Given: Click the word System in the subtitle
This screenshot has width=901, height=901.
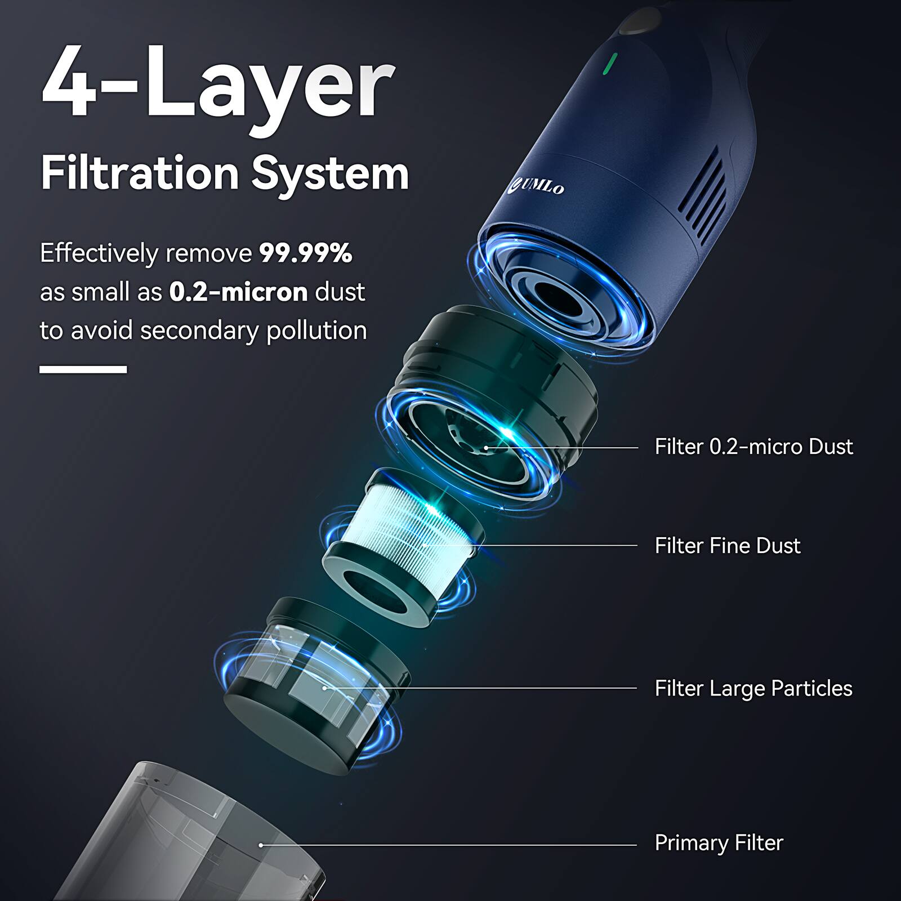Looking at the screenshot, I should click(x=330, y=175).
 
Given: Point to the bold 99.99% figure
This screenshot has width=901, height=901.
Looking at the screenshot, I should click(x=306, y=253).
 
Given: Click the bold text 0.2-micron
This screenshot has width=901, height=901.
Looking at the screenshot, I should click(x=238, y=292).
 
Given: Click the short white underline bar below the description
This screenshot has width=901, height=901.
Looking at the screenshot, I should click(x=83, y=369).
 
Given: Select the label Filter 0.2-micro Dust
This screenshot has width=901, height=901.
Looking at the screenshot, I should click(x=753, y=447).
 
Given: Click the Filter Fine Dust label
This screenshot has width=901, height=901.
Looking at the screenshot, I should click(x=727, y=546).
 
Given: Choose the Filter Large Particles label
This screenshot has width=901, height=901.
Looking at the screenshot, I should click(x=753, y=688).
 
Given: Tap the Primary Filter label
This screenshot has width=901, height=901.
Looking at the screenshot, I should click(x=719, y=842).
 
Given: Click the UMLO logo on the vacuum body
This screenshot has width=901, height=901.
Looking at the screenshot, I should click(x=539, y=186).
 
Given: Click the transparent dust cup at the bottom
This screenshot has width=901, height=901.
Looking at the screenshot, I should click(x=197, y=833).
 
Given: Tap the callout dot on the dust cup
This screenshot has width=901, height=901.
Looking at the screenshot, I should click(x=261, y=845).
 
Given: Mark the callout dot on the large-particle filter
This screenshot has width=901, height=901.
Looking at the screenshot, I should click(x=325, y=688).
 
